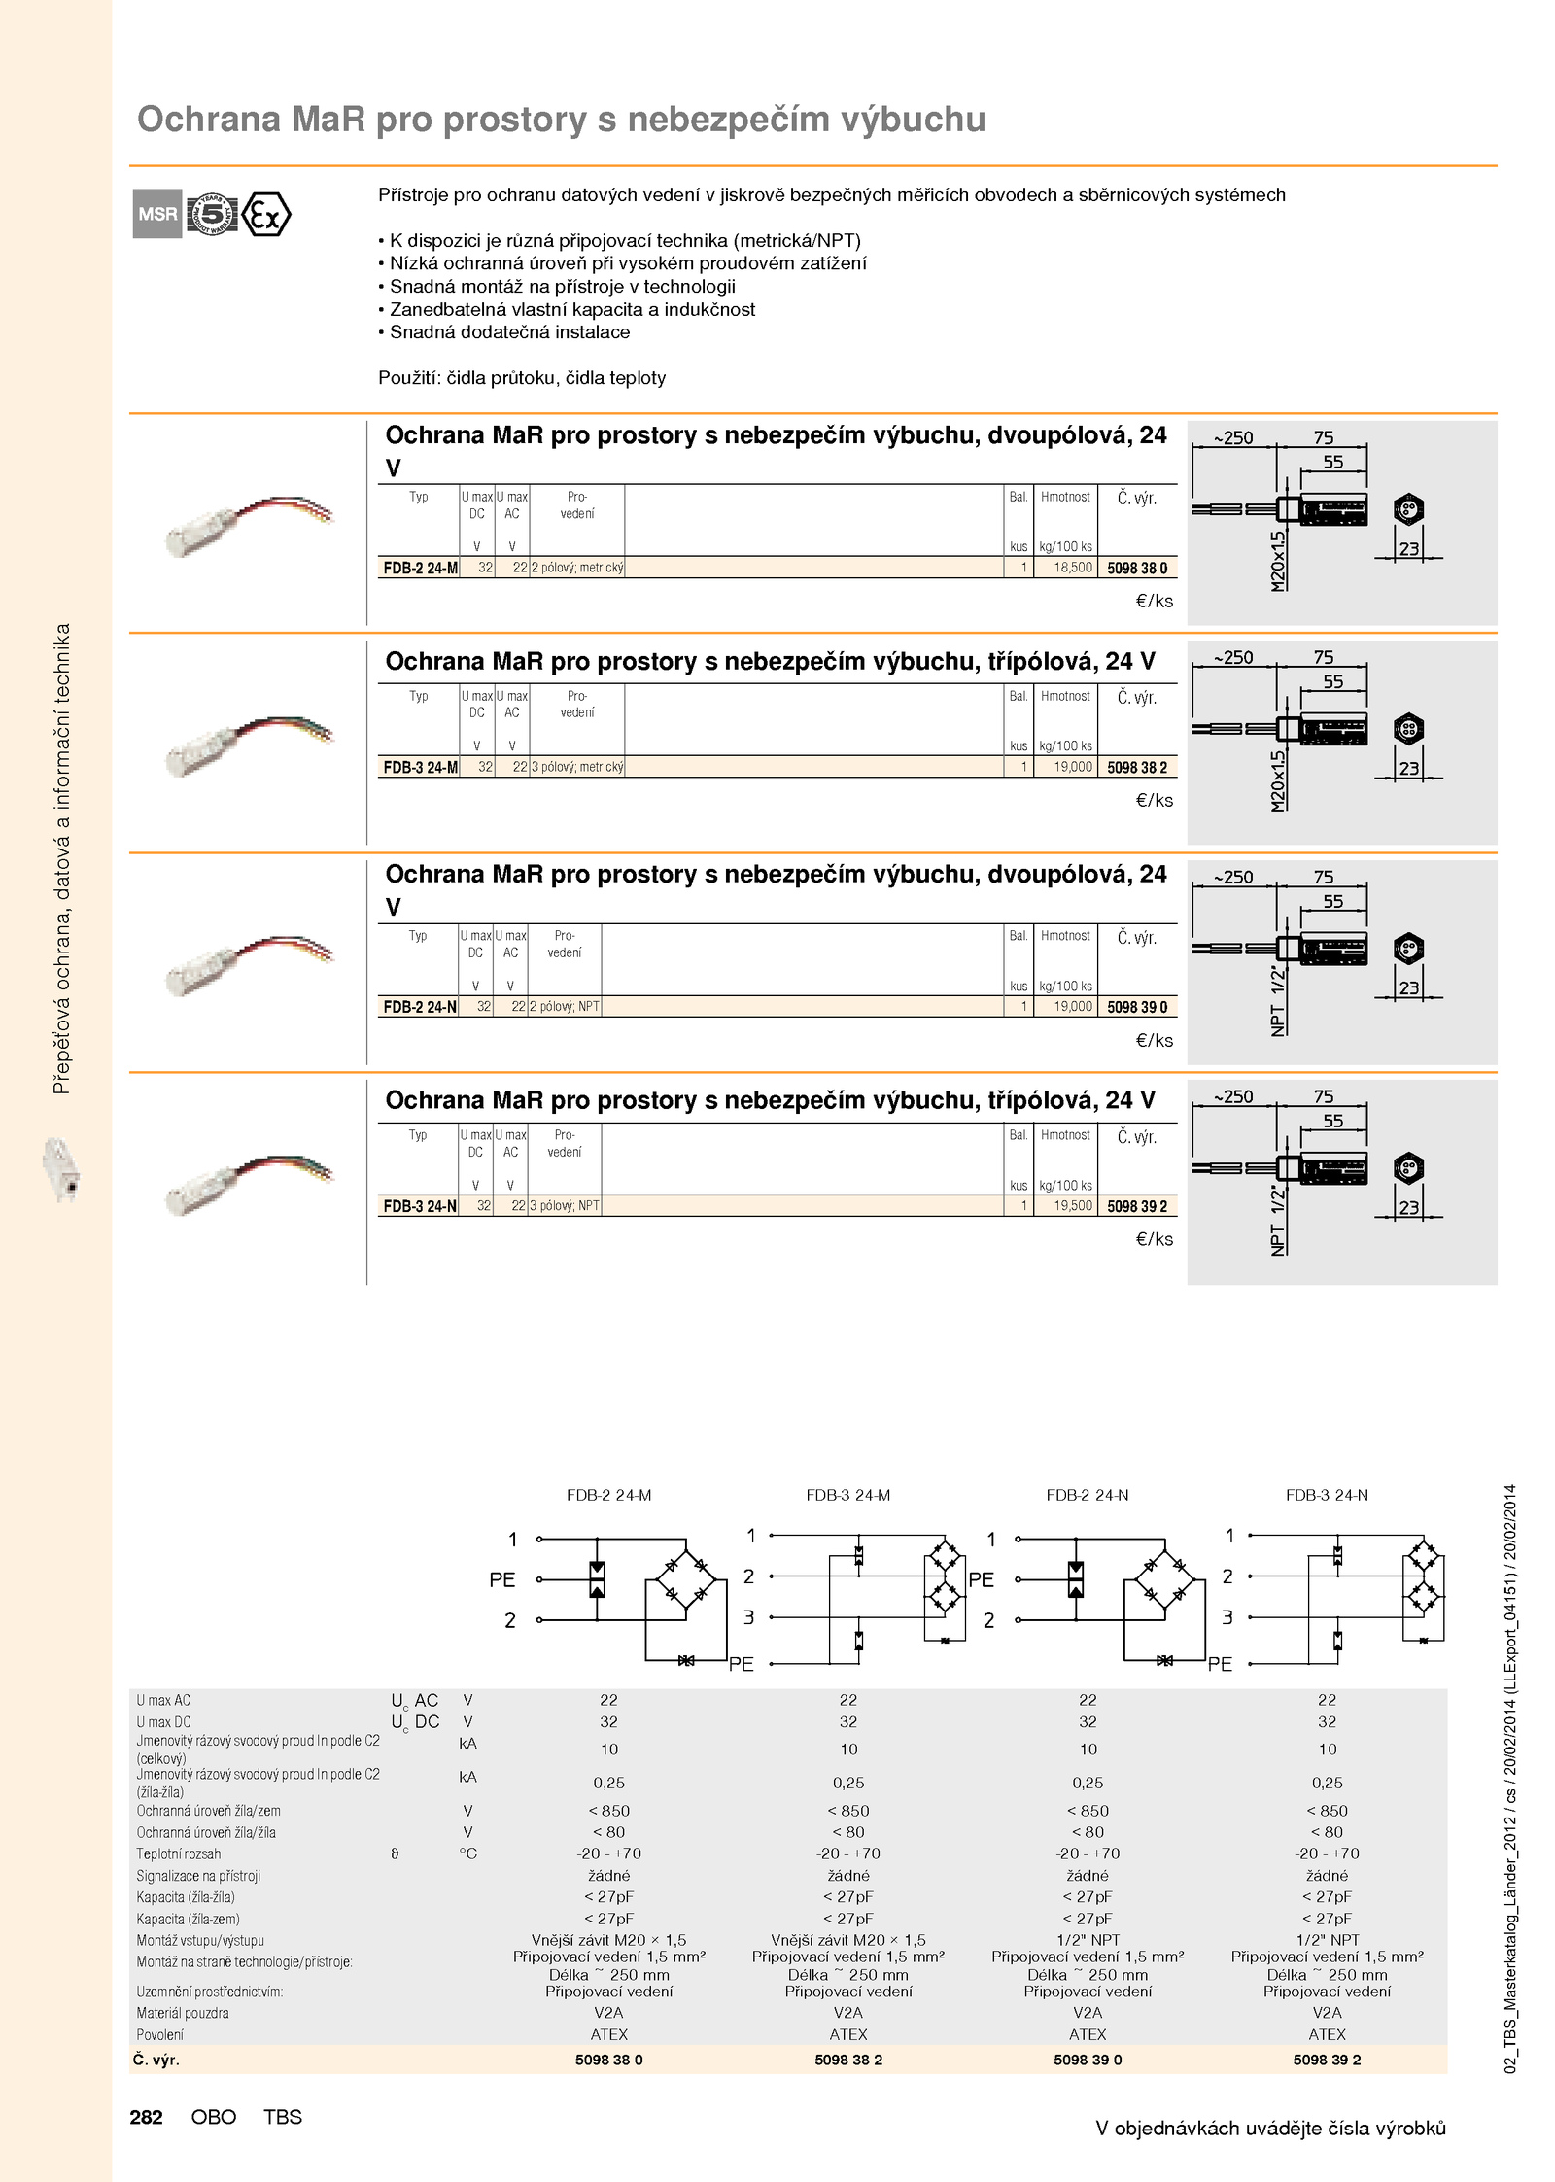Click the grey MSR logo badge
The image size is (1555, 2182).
(157, 214)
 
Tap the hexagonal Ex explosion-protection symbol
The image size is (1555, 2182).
(265, 215)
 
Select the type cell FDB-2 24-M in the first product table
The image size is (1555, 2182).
(420, 568)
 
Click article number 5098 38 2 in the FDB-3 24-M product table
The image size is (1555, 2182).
(1137, 767)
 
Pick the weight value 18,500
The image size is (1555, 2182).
(1073, 568)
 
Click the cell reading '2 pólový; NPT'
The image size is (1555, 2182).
(565, 1007)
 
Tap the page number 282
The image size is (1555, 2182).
(146, 2116)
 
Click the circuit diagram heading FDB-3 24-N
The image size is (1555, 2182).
(1327, 1495)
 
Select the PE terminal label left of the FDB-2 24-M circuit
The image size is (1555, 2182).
(501, 1579)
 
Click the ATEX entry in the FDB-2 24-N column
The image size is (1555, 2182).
(1088, 2034)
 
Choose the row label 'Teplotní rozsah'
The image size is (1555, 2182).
(179, 1853)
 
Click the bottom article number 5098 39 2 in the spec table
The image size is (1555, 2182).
(1327, 2060)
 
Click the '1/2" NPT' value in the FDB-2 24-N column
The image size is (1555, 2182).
(1088, 1940)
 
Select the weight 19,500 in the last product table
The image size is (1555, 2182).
(1073, 1205)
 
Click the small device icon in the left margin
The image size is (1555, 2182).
(63, 1170)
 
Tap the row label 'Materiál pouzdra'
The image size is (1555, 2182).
(183, 2013)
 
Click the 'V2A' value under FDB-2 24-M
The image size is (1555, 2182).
(608, 2013)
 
